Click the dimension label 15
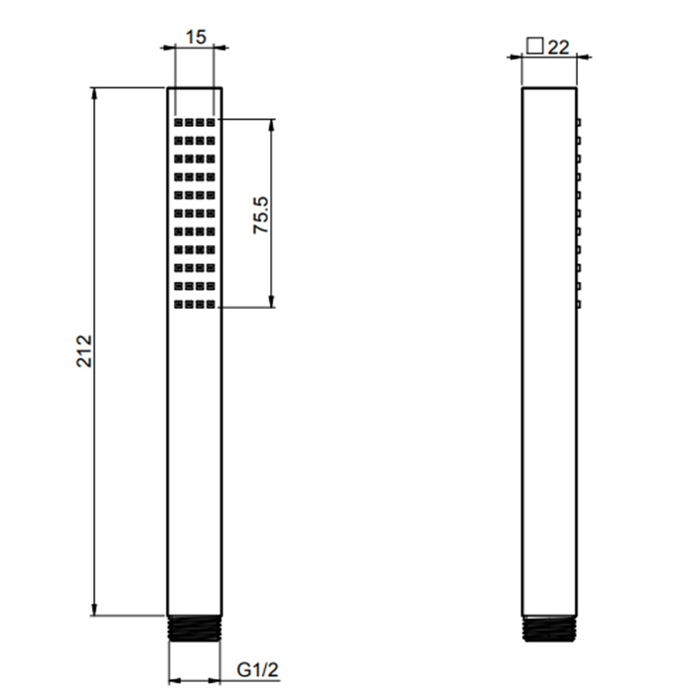pos(196,38)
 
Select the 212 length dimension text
pos(84,351)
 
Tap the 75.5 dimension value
pos(261,215)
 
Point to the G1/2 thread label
pos(257,669)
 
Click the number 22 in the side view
pos(558,48)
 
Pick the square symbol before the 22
pos(535,46)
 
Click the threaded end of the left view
pos(195,628)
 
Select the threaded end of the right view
pos(549,628)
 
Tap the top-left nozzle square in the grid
pos(179,122)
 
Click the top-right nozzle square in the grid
pos(210,122)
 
